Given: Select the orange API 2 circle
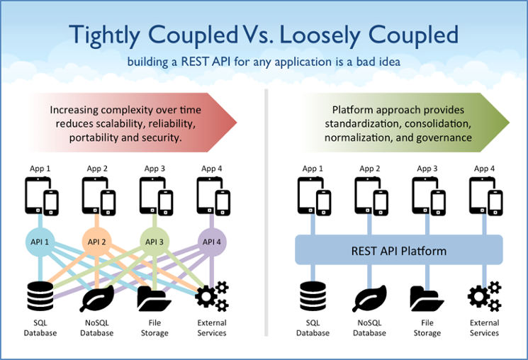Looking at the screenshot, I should (98, 242).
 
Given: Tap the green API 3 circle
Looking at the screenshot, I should (155, 242).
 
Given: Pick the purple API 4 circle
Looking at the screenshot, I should (211, 242).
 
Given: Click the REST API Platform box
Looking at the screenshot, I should (399, 251).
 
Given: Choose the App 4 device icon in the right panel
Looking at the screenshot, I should (485, 196).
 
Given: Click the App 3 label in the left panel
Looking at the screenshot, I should (155, 168).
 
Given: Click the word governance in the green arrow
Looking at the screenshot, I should (444, 137).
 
